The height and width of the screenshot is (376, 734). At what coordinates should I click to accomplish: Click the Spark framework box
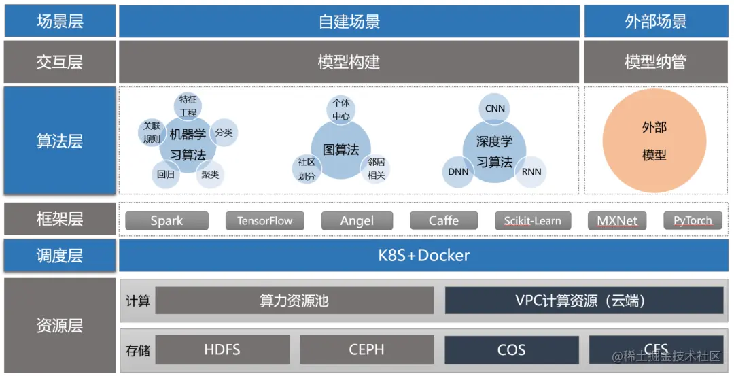point(167,221)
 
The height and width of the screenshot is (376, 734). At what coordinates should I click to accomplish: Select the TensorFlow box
point(264,221)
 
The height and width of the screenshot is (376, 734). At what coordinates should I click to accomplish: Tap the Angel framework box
point(357,221)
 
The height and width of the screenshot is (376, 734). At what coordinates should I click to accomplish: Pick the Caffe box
point(444,221)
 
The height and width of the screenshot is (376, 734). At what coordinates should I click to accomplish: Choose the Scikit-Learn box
point(532,221)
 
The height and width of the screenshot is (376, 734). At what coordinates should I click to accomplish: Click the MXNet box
point(617,221)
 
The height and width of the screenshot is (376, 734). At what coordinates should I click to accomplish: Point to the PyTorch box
point(693,221)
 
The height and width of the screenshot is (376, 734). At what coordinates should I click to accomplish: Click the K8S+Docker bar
point(423,256)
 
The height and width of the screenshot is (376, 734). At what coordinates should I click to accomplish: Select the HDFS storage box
point(222,350)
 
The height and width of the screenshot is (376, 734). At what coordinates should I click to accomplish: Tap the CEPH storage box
point(366,350)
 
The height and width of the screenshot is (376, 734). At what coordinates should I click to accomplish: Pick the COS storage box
point(511,350)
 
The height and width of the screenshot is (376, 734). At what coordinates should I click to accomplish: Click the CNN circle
point(495,109)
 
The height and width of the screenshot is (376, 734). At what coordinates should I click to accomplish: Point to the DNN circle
point(459,171)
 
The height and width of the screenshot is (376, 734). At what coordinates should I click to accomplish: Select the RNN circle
point(531,171)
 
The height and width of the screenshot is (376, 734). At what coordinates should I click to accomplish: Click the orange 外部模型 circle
point(654,141)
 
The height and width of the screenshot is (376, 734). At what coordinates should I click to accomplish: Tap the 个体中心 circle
point(340,109)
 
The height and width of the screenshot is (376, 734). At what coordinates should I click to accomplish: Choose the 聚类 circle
point(209,175)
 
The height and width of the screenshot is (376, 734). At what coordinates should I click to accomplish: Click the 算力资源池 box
point(294,301)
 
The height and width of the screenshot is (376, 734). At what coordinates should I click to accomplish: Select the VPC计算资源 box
point(584,301)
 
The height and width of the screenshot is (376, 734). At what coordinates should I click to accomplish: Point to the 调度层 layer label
point(60,256)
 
